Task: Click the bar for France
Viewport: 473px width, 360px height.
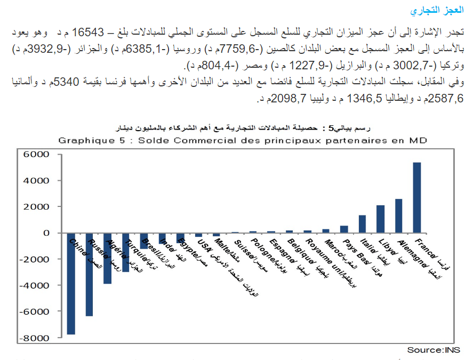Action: tap(417, 197)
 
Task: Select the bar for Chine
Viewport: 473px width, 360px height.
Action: tap(71, 284)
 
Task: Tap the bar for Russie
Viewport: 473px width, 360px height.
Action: tap(89, 275)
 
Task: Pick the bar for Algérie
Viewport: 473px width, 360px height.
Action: tap(107, 258)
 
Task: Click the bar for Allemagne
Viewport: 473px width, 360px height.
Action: tap(398, 215)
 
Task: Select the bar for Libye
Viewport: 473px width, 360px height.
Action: tap(380, 219)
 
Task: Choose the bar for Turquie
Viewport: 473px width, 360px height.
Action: tap(125, 252)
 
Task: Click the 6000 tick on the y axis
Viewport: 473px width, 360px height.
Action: tap(38, 154)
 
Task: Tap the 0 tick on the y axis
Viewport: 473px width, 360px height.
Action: tap(46, 233)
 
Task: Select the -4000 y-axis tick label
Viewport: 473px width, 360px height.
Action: tap(36, 285)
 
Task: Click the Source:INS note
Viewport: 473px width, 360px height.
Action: tap(434, 350)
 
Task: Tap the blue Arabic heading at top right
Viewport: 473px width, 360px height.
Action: tap(444, 11)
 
